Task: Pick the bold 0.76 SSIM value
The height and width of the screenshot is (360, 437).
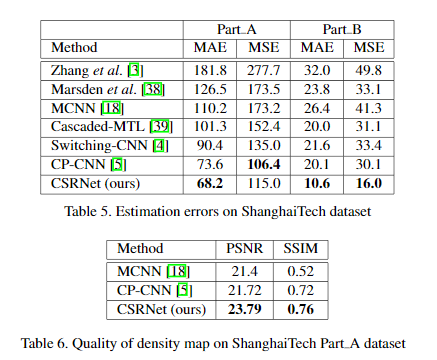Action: click(302, 309)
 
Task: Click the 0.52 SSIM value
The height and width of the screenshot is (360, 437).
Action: click(302, 271)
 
